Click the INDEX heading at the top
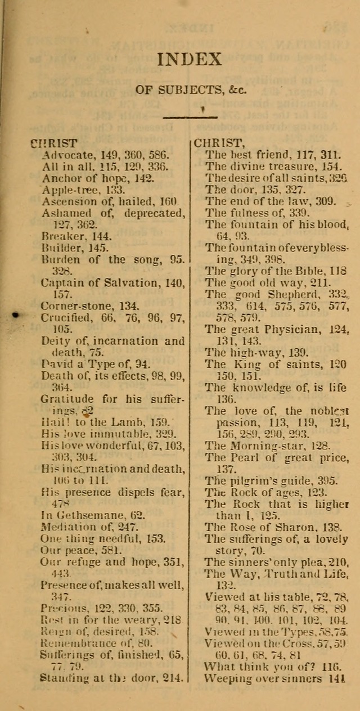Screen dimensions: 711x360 tap(190, 59)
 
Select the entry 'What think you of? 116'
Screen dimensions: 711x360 tap(273, 666)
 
